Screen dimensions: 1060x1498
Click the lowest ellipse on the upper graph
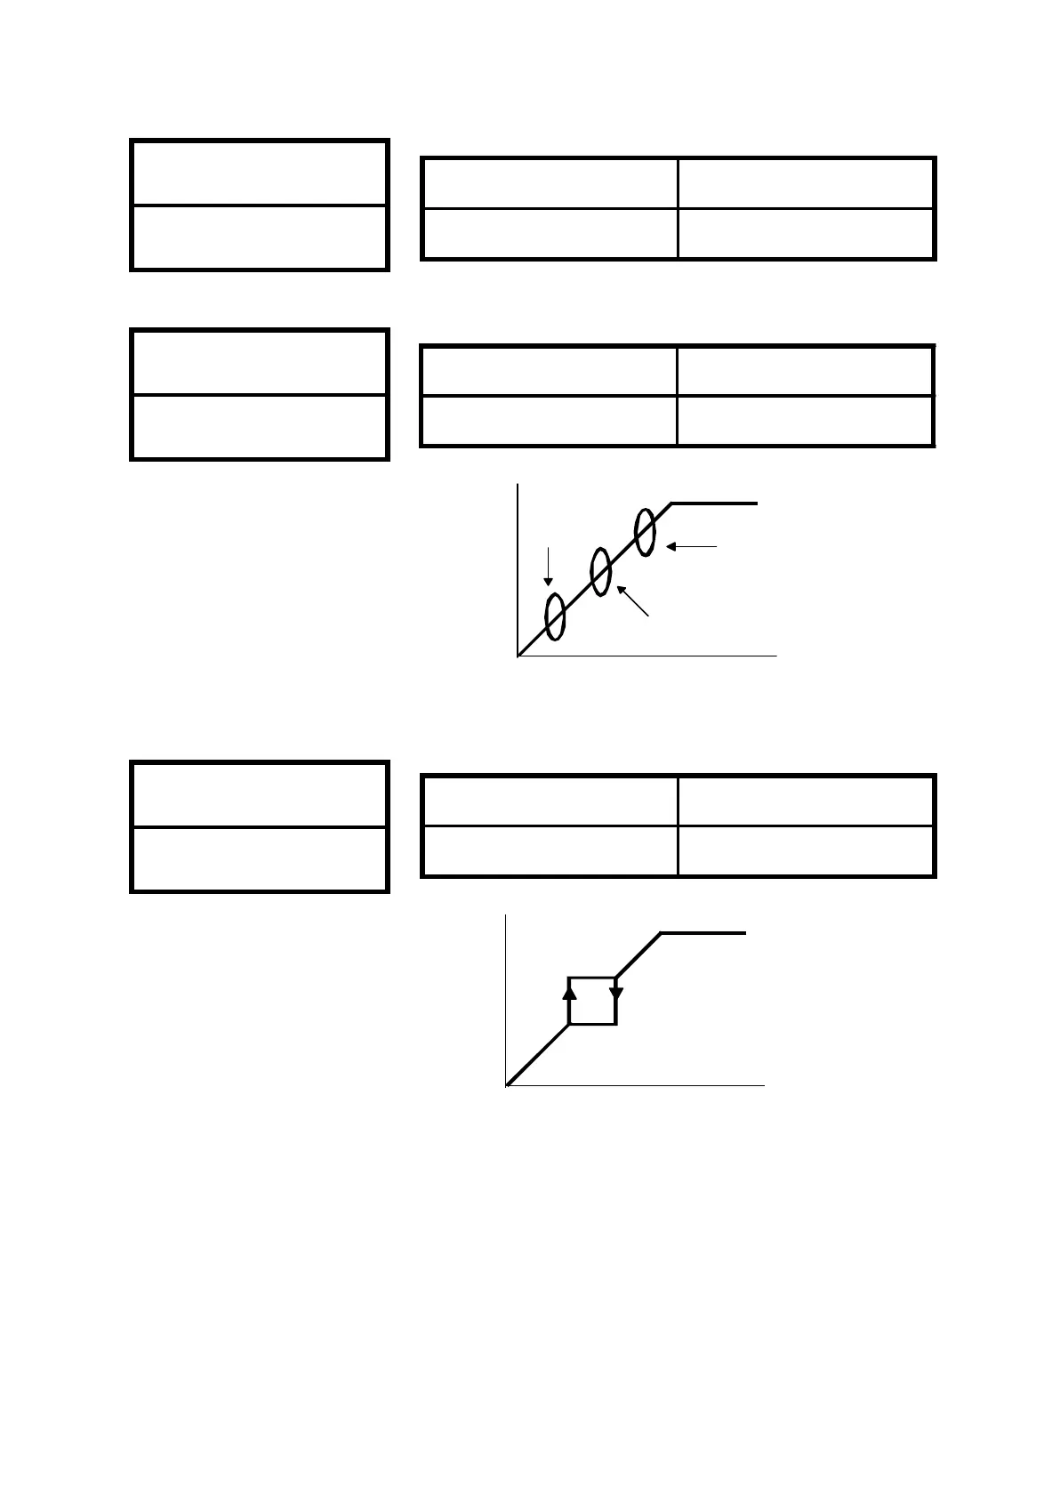pos(554,616)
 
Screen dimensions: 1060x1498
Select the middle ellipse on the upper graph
pos(600,572)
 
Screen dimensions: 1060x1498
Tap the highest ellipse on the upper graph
pos(646,530)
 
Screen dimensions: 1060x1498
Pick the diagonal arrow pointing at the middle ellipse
pos(633,600)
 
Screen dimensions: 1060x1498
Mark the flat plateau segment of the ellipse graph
pos(714,503)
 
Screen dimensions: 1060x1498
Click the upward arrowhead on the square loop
pos(570,990)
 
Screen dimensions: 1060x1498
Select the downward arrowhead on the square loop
pos(616,992)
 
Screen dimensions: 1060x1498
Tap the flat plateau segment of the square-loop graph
pos(703,933)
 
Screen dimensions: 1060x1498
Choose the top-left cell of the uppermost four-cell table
pos(550,184)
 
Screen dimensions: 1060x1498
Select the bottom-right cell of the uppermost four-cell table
pos(805,234)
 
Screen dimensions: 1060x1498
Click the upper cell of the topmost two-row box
pos(259,173)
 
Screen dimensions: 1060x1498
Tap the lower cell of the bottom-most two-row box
pos(259,858)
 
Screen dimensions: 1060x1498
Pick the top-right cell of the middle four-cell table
pos(805,371)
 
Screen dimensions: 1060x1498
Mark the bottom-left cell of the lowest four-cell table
pos(550,850)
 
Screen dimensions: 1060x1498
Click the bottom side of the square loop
pos(592,1024)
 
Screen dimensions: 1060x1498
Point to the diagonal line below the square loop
pos(538,1055)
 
